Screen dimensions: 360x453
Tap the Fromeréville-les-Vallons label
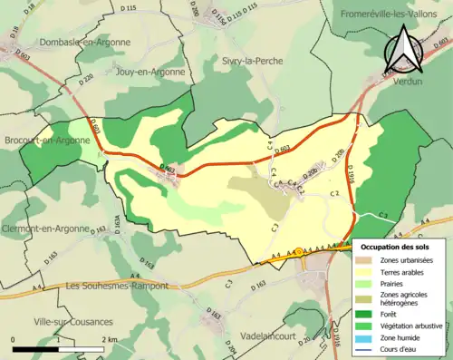pos(395,15)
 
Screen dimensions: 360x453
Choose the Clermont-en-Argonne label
pos(46,229)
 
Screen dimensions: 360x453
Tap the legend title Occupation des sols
pos(400,247)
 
